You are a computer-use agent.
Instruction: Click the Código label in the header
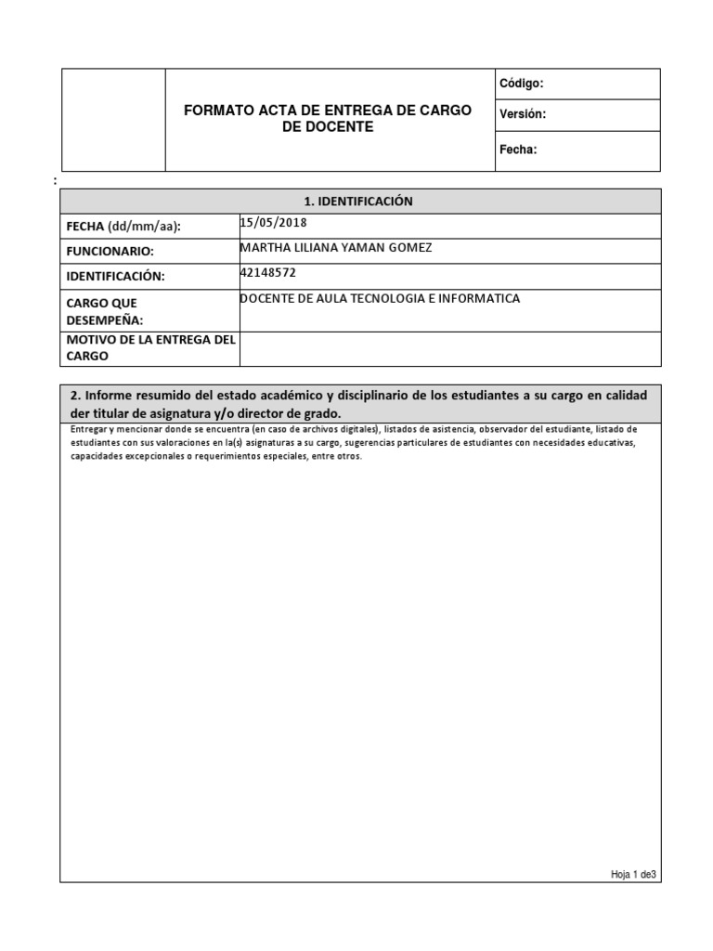coord(521,84)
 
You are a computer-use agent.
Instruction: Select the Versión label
coord(523,114)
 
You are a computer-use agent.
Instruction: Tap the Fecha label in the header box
coord(518,150)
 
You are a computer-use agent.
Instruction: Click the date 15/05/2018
coord(273,223)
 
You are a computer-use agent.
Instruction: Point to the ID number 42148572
coord(268,273)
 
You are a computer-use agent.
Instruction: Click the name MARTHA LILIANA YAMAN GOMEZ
coord(335,248)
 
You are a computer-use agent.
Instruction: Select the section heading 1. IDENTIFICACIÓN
coord(358,202)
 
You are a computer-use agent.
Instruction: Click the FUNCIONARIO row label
coord(110,252)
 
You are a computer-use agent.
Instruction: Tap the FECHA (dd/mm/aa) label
coord(123,227)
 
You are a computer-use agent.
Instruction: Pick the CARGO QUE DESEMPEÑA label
coord(104,311)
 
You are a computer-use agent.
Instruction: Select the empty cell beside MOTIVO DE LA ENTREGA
coord(449,348)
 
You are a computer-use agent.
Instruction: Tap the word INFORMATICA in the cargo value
coord(476,299)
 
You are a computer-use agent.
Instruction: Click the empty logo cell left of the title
coord(113,120)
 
